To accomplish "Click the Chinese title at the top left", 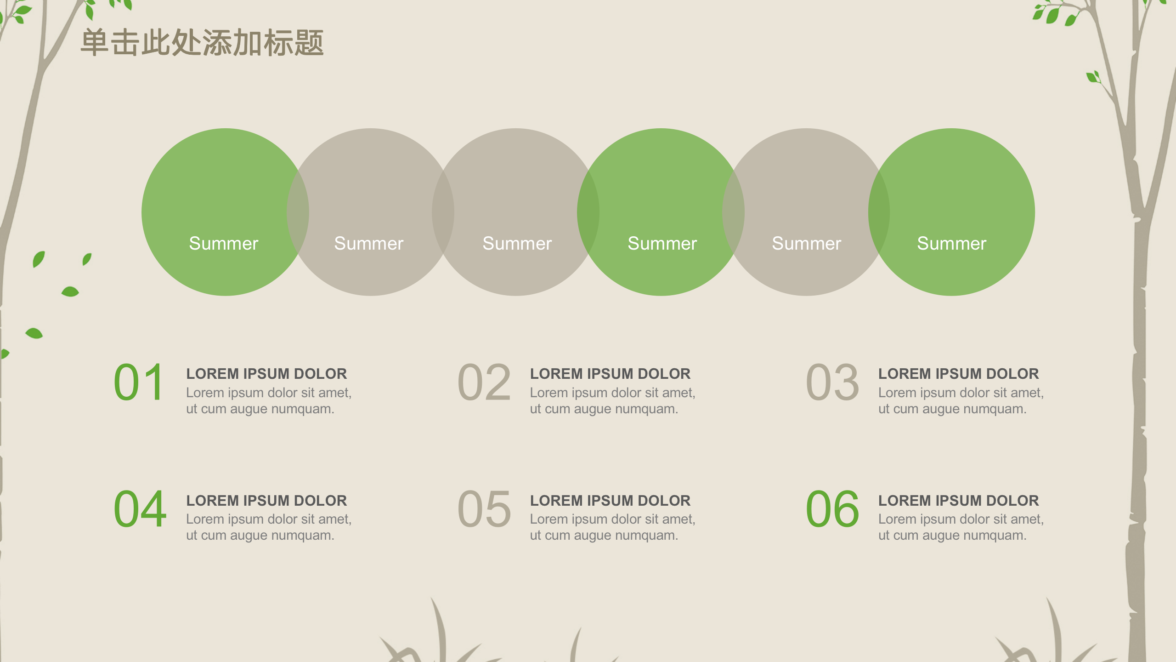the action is click(202, 43).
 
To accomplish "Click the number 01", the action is click(139, 382).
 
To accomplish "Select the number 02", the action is click(484, 382).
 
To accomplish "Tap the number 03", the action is click(832, 382).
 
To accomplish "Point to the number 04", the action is click(140, 509).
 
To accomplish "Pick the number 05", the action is click(484, 509).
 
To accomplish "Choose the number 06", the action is click(832, 509).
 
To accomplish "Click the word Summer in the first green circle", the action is click(224, 244).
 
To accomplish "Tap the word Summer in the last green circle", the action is click(951, 244).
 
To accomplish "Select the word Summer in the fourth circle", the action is click(662, 244).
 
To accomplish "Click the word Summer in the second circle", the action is click(369, 244).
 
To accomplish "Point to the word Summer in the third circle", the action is click(517, 244).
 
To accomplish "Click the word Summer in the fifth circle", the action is click(806, 244).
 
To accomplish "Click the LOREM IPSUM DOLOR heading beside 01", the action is click(266, 374).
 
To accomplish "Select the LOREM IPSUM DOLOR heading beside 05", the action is click(610, 501).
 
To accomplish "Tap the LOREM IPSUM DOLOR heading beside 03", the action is click(958, 374).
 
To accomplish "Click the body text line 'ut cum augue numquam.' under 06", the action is click(952, 536).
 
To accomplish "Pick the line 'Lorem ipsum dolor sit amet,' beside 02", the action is click(612, 393).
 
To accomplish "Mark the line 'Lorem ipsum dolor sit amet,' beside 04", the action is click(269, 519).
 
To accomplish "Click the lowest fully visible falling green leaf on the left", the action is click(34, 333).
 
